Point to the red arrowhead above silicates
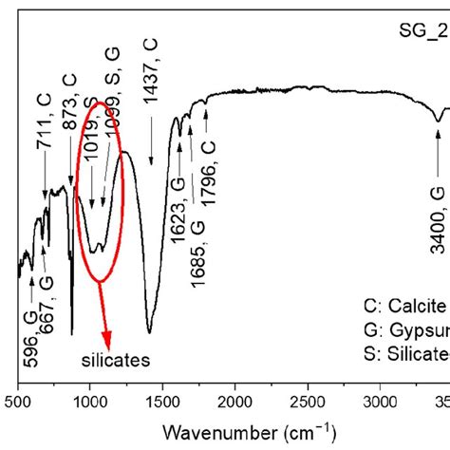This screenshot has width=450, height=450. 107,340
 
